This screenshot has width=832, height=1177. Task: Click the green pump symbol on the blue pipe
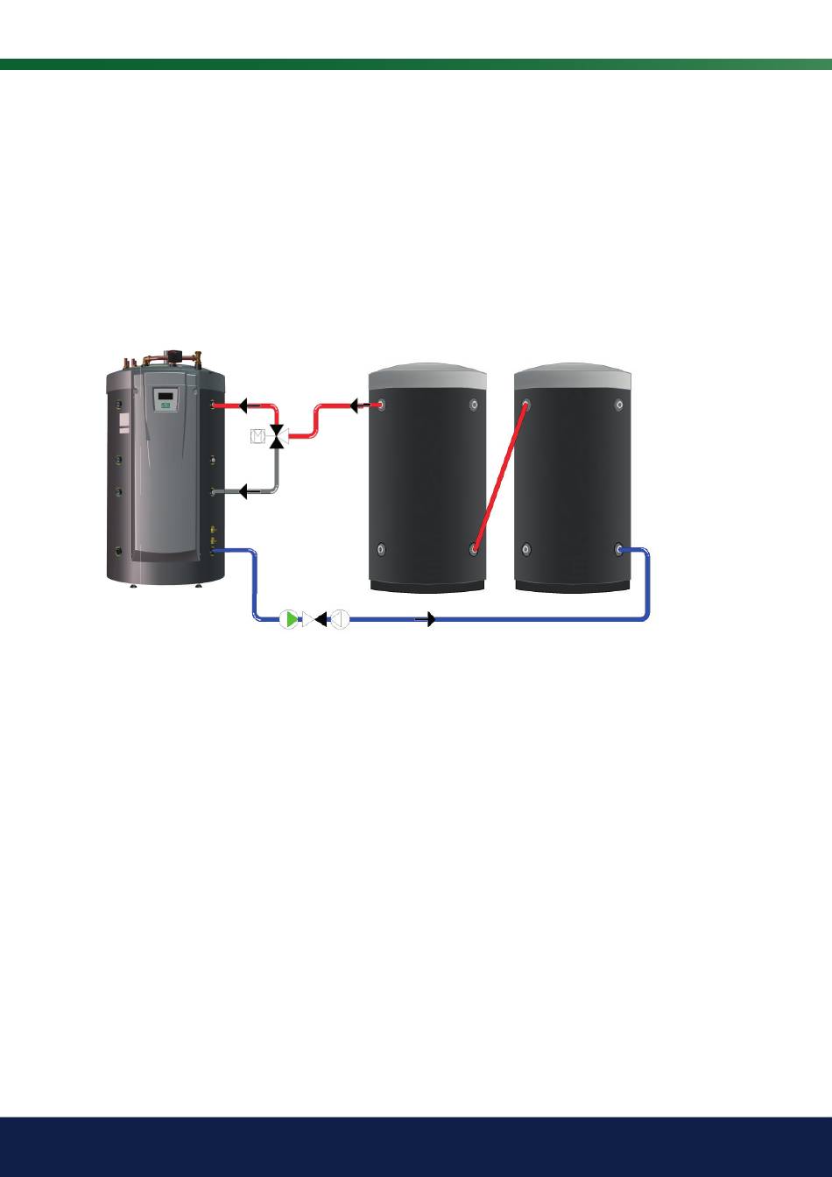290,619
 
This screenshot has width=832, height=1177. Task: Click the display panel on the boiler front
166,400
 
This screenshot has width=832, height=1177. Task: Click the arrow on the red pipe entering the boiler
248,405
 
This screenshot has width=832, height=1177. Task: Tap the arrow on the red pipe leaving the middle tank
358,405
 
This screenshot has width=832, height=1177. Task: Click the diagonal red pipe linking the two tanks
500,477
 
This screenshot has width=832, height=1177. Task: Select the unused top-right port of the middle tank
474,405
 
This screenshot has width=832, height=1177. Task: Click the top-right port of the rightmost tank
619,405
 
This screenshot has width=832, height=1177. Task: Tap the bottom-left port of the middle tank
380,549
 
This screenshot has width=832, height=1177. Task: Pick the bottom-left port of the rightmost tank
525,549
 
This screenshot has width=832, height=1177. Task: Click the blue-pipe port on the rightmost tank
619,549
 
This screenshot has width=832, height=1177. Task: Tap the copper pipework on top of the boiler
166,356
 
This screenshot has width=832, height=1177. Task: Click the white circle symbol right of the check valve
340,619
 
